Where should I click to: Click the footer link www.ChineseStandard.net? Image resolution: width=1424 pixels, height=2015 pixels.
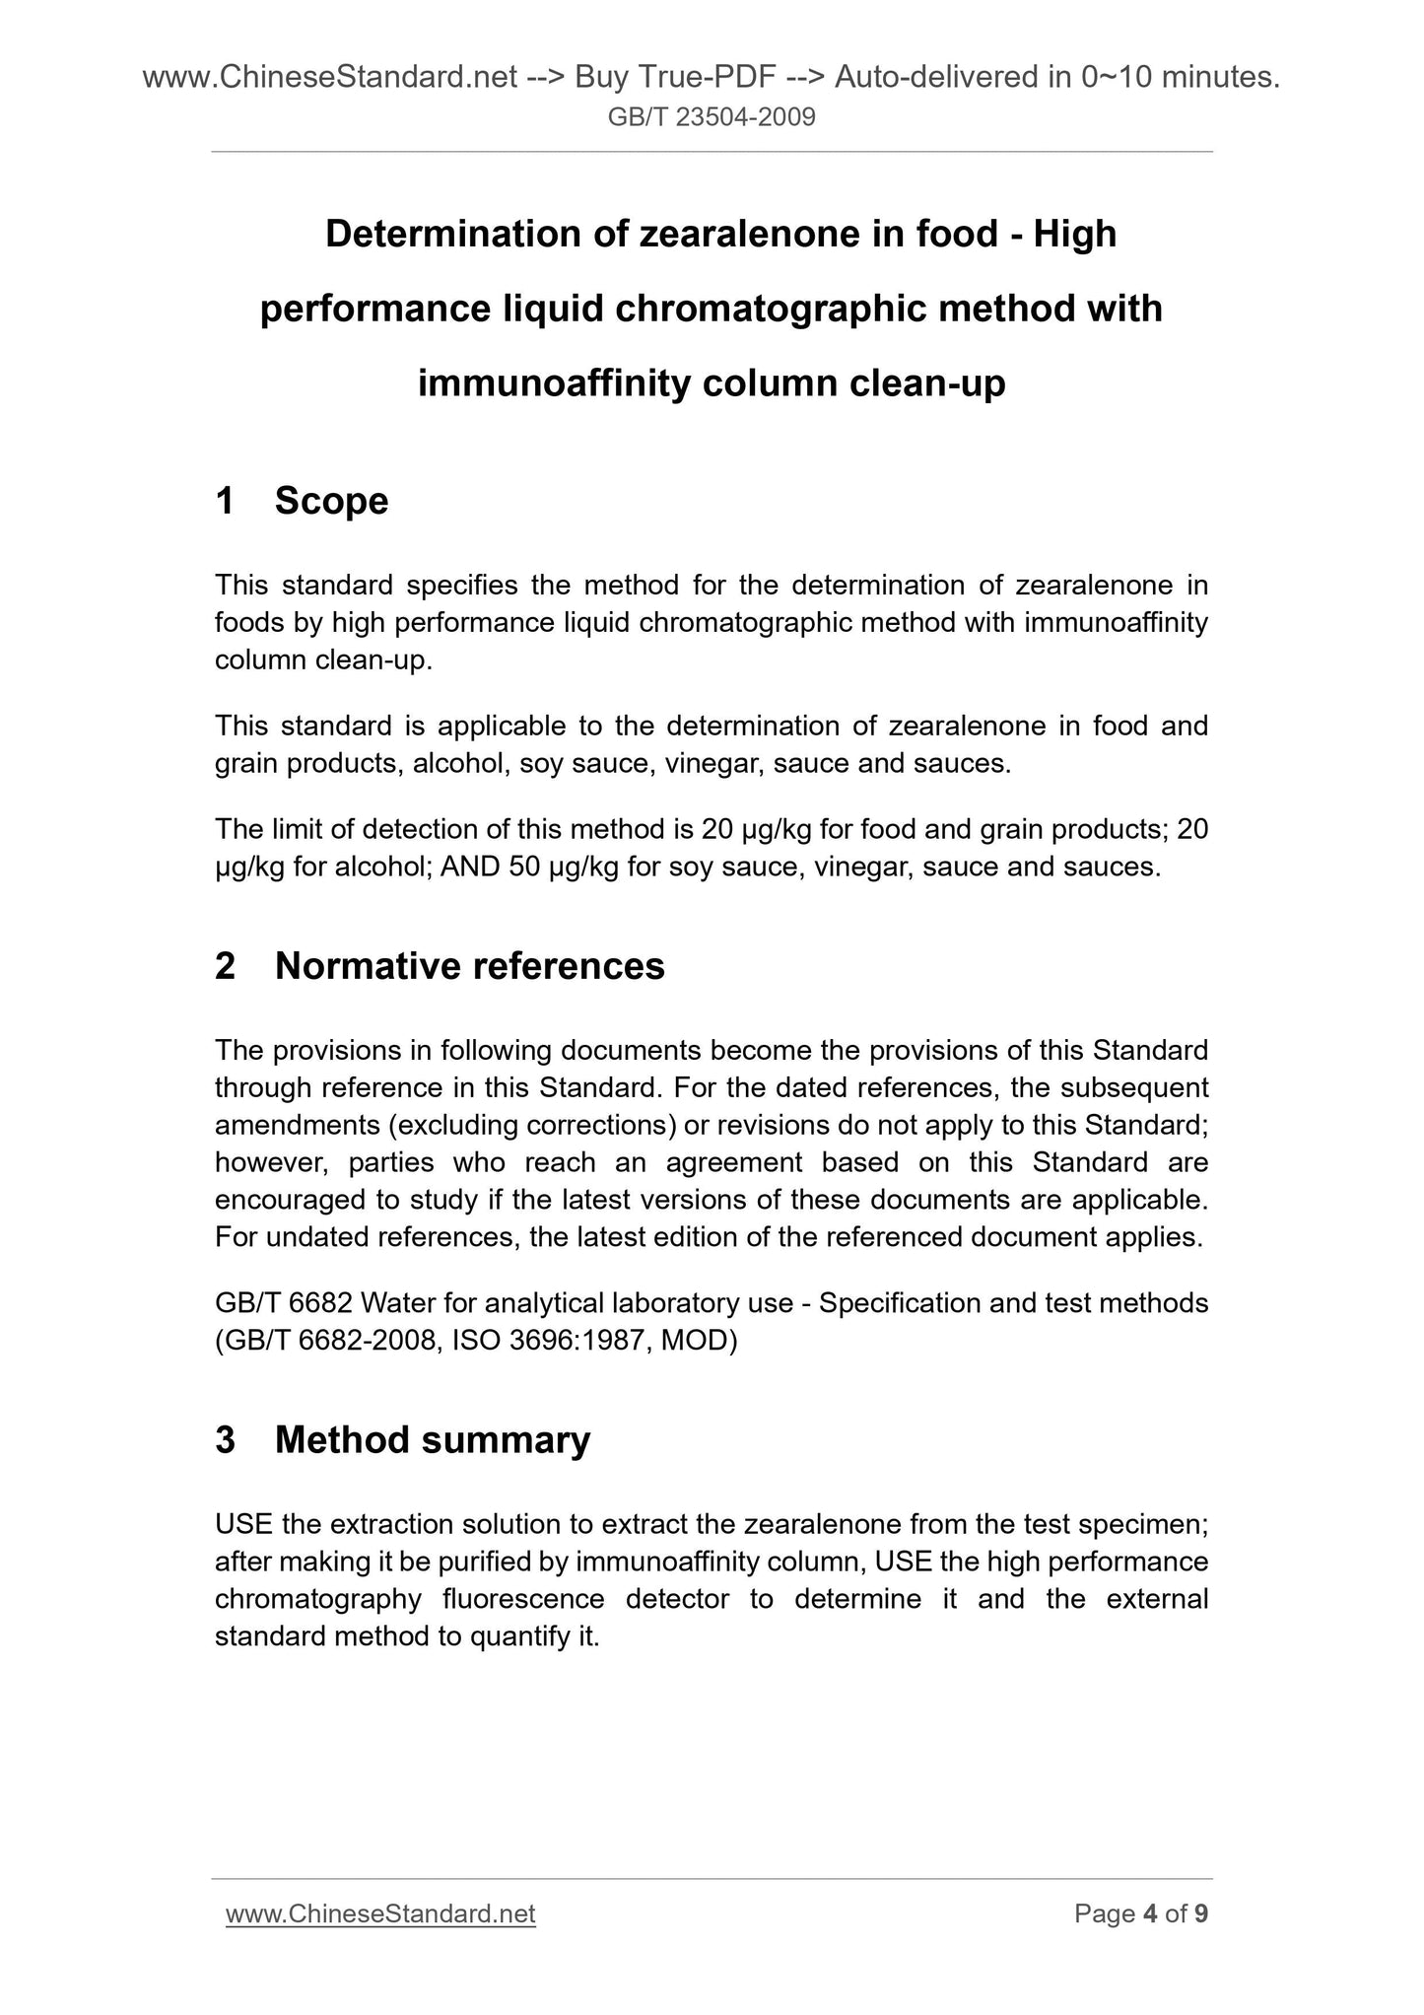point(380,1913)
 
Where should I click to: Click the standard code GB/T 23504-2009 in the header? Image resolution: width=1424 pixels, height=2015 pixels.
point(712,118)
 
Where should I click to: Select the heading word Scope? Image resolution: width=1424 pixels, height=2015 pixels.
point(331,501)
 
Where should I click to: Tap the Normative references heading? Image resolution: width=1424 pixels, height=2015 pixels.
point(469,966)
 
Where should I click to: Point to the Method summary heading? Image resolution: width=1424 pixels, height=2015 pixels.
point(432,1440)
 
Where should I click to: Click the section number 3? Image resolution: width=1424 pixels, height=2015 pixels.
point(226,1440)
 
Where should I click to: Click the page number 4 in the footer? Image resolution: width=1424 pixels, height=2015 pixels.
point(1149,1913)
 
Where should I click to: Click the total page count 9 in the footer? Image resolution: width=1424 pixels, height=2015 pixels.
point(1201,1913)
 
